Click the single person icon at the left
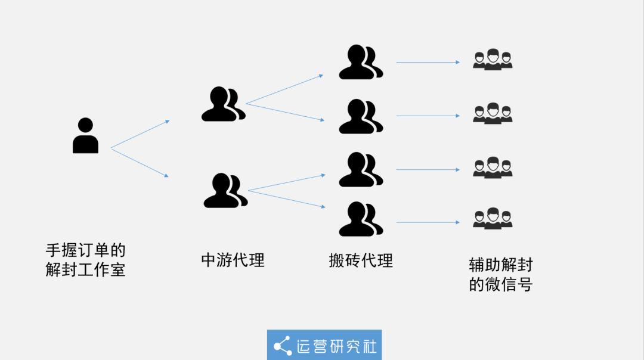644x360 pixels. coord(85,135)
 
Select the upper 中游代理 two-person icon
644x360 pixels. coord(223,104)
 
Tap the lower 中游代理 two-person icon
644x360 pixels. coord(225,191)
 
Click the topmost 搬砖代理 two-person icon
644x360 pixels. coord(361,62)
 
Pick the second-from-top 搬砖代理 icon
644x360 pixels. coord(361,116)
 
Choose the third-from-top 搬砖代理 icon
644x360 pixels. coord(361,169)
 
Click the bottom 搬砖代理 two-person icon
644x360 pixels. coord(361,219)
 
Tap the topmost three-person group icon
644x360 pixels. coord(493,60)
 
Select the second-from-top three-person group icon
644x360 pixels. coord(493,113)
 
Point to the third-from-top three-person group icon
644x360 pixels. coord(493,167)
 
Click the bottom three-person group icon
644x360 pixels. coord(493,218)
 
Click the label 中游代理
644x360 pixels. coord(233,260)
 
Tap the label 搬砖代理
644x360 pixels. coord(361,260)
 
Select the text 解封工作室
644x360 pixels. coord(85,269)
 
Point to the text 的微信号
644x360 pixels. coord(501,284)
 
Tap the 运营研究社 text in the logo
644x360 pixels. coord(336,346)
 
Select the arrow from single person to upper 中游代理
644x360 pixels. coord(140,134)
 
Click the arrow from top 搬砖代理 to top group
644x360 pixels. coord(428,63)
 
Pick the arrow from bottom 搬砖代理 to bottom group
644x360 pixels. coord(428,222)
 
